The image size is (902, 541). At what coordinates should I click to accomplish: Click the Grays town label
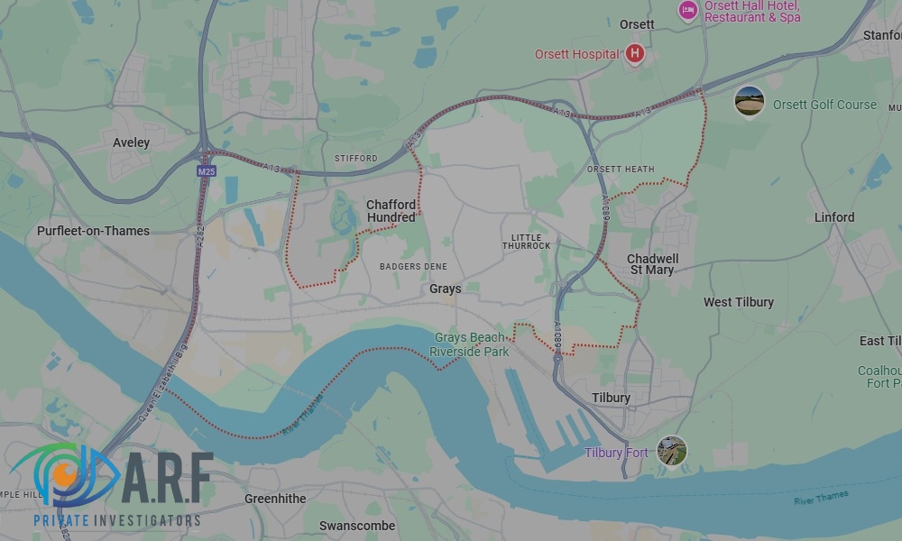[445, 289]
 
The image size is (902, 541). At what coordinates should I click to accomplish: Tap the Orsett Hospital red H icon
[635, 54]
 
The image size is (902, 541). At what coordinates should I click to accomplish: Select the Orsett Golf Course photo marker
[750, 101]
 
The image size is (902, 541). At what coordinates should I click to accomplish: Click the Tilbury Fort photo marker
[671, 451]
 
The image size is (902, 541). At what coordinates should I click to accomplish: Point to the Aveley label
[132, 142]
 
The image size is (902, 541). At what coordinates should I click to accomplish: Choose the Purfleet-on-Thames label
[93, 231]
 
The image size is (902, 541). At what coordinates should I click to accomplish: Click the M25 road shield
[207, 170]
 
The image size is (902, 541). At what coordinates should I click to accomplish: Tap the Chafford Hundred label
[391, 211]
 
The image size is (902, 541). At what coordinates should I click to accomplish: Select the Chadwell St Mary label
[652, 264]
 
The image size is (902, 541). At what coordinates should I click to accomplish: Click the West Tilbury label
[738, 302]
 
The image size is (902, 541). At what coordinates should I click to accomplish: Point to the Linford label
[833, 217]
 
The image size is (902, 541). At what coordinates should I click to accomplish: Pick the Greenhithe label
[275, 499]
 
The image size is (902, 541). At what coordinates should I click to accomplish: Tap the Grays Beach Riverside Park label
[469, 344]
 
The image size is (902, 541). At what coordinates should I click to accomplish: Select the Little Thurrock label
[526, 241]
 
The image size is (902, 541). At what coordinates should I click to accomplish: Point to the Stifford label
[356, 159]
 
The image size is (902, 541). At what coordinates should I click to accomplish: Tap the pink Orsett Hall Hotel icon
[688, 11]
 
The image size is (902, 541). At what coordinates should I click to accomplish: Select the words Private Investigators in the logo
[116, 521]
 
